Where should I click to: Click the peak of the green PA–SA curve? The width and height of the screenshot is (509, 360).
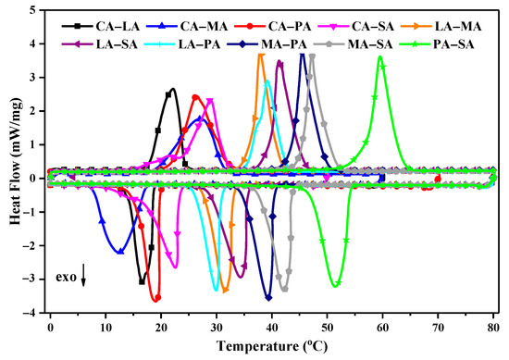click(x=380, y=56)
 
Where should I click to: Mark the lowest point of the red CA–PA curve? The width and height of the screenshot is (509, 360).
click(x=156, y=298)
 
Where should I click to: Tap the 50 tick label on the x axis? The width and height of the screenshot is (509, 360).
click(x=327, y=328)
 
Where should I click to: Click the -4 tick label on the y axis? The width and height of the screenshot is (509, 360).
click(x=31, y=314)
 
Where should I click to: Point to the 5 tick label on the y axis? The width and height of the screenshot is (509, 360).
click(x=35, y=10)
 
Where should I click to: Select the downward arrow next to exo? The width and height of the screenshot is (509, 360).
click(x=83, y=275)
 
